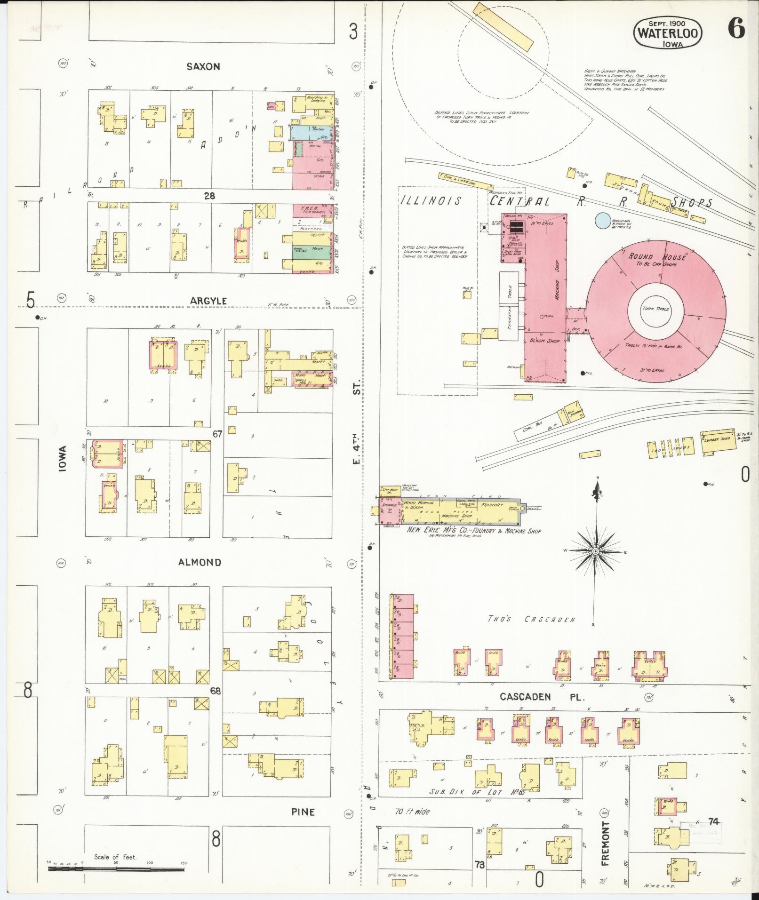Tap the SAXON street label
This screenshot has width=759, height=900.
coord(203,67)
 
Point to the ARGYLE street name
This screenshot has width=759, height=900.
coord(208,301)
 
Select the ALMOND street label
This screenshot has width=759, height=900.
coord(200,562)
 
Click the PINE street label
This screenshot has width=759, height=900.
coord(303,812)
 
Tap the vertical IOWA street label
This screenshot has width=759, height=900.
coord(63,459)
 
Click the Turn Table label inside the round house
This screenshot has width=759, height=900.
coord(655,309)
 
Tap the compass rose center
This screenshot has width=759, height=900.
coord(595,551)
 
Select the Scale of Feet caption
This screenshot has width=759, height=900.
coord(115,857)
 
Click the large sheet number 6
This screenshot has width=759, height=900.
coord(736,29)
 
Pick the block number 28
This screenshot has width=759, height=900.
coord(209,195)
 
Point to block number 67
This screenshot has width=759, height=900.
coord(217,434)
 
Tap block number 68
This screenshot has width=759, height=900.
coord(216,691)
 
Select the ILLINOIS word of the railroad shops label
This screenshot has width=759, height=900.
coord(431,201)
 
